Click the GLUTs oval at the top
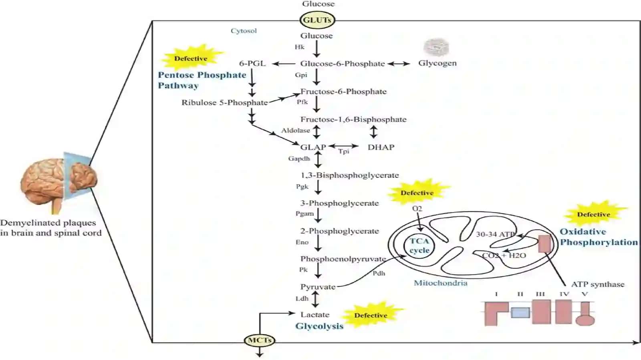pyautogui.click(x=317, y=20)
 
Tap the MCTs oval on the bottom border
pyautogui.click(x=260, y=340)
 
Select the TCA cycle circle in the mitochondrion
pyautogui.click(x=419, y=245)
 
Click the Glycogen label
pyautogui.click(x=437, y=63)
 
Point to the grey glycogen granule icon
pyautogui.click(x=436, y=47)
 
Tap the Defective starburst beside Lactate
pyautogui.click(x=371, y=315)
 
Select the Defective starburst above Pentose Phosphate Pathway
pyautogui.click(x=191, y=58)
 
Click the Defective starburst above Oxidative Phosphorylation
pyautogui.click(x=594, y=214)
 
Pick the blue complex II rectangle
pyautogui.click(x=520, y=312)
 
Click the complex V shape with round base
pyautogui.click(x=585, y=314)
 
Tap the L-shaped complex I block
pyautogui.click(x=496, y=314)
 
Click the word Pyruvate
pyautogui.click(x=318, y=287)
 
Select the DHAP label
pyautogui.click(x=381, y=147)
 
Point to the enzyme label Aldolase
pyautogui.click(x=296, y=131)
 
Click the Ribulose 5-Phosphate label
pyautogui.click(x=225, y=103)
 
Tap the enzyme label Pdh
pyautogui.click(x=379, y=274)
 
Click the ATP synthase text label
pyautogui.click(x=598, y=284)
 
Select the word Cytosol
pyautogui.click(x=244, y=30)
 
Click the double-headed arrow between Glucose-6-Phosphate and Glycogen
pyautogui.click(x=399, y=64)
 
